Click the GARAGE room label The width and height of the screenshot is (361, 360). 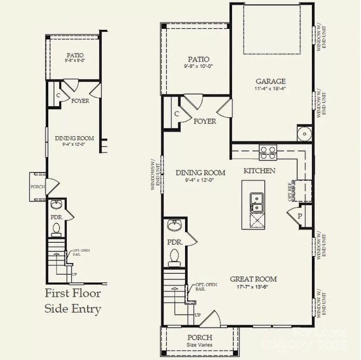[x=271, y=81]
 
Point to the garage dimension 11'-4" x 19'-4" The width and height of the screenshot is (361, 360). [x=271, y=89]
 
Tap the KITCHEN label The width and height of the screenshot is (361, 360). [x=259, y=171]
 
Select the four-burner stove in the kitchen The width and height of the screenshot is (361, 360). [x=268, y=153]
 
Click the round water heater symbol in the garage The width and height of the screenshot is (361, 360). [x=303, y=134]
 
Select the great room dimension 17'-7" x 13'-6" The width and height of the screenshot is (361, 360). [x=252, y=286]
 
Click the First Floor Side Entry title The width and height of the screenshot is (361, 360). [x=73, y=301]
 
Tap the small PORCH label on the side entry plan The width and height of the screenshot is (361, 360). [x=37, y=186]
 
